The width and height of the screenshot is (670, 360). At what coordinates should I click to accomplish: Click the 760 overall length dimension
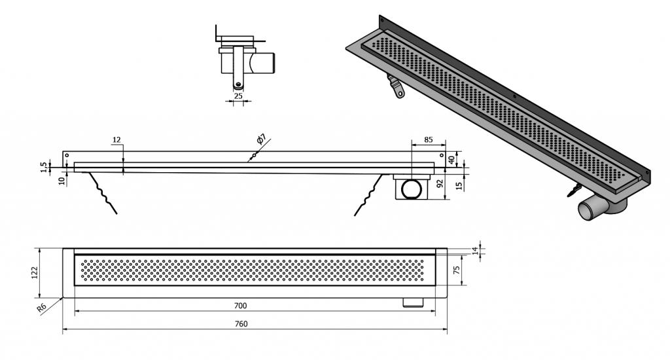[241, 323]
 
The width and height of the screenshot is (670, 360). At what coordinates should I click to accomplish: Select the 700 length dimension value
[240, 305]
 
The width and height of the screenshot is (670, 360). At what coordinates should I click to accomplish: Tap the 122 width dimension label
[35, 272]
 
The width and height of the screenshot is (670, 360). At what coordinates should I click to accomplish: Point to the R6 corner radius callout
[41, 308]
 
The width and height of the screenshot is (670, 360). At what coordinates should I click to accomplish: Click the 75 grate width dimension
[456, 270]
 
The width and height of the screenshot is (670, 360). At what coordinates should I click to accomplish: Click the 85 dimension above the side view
[428, 139]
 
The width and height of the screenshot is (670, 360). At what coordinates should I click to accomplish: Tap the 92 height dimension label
[440, 184]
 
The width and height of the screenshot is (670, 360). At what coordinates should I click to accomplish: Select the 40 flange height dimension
[451, 160]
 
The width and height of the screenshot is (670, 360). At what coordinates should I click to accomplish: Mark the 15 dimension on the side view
[459, 185]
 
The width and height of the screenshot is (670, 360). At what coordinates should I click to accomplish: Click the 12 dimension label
[116, 139]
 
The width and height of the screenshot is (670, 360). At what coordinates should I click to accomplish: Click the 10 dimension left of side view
[62, 181]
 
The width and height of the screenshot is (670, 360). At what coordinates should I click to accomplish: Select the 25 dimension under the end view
[238, 96]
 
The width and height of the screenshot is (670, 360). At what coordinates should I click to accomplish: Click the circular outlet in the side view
[412, 189]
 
